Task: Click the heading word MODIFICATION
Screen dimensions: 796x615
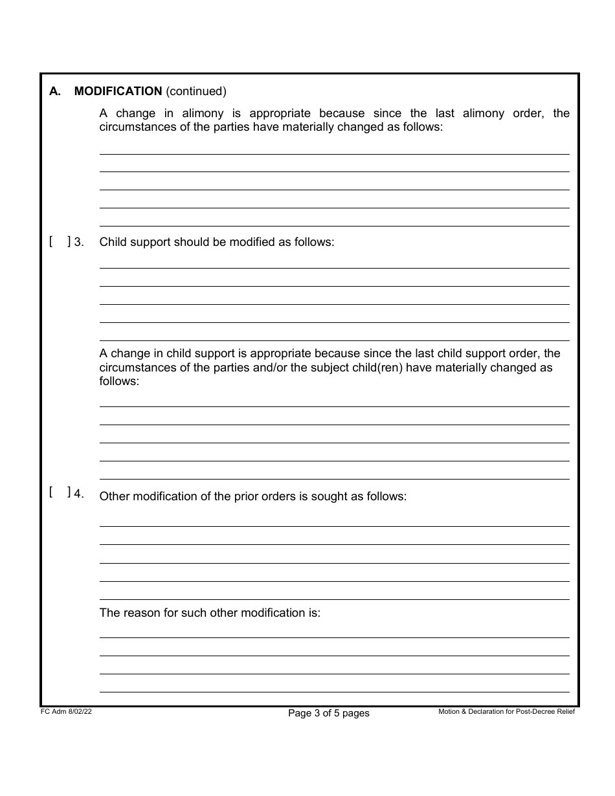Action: (x=118, y=91)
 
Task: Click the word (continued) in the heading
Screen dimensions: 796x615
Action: (x=196, y=91)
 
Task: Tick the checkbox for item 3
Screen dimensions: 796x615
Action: (x=60, y=242)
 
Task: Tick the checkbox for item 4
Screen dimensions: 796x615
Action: (x=60, y=492)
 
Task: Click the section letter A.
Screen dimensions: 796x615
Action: (x=54, y=91)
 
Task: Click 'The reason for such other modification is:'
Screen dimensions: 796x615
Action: (x=210, y=612)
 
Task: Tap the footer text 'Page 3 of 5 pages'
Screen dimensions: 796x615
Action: (x=328, y=713)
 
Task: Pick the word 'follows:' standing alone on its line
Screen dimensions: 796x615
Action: (x=119, y=381)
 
